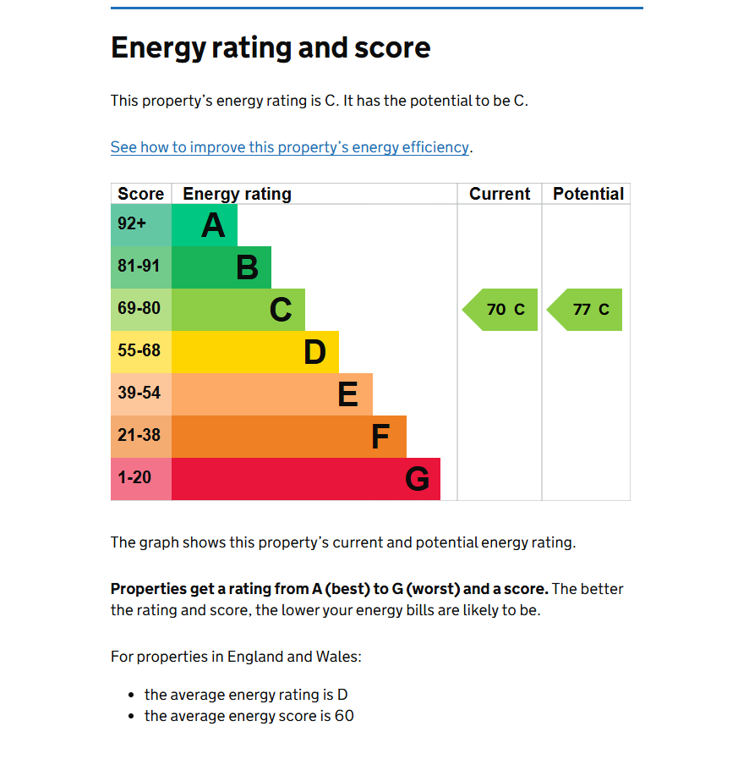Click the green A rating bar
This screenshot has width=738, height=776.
205,225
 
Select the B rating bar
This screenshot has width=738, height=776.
221,267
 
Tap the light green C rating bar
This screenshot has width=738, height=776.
238,310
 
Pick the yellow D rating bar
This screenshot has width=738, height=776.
255,352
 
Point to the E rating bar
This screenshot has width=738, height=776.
272,394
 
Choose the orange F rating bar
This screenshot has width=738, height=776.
289,437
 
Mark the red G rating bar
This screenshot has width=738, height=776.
306,479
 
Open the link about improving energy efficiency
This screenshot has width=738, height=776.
290,147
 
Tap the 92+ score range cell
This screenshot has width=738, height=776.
141,225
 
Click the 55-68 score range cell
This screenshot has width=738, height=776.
141,352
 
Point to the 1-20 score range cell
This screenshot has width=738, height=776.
141,479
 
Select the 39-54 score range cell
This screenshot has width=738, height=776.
141,394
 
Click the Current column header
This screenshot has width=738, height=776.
500,194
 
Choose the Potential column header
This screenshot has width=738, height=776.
588,194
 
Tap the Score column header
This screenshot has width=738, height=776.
141,194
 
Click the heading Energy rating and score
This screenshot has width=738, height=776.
271,47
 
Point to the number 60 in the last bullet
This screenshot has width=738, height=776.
344,716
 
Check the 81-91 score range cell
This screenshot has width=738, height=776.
141,267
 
